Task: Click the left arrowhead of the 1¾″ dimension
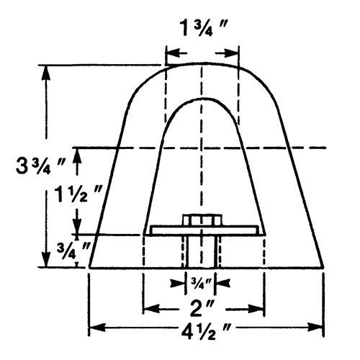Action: tap(170, 53)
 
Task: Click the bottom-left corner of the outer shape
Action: tap(89, 267)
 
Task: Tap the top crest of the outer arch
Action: tap(201, 63)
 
